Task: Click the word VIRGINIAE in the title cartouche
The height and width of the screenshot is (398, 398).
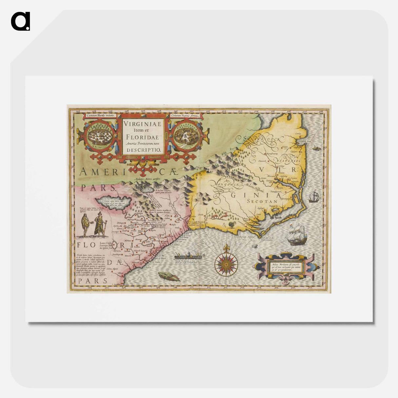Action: tap(143, 124)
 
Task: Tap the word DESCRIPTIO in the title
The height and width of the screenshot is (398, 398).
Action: tap(143, 149)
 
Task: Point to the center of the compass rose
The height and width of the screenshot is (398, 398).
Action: tap(226, 263)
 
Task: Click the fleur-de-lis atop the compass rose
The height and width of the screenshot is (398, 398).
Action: tap(226, 249)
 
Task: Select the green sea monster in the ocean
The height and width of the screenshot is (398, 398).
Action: tap(169, 276)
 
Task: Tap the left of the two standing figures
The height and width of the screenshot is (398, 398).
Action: tap(85, 226)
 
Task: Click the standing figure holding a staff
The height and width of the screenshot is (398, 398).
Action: tap(100, 224)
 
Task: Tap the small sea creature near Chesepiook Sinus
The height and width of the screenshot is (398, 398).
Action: tap(316, 149)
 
